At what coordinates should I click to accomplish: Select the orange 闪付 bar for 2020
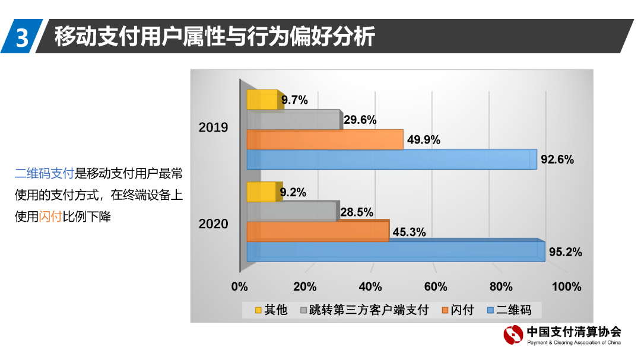point(318,231)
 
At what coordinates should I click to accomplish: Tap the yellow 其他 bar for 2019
point(262,100)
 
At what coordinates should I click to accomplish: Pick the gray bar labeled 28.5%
point(291,211)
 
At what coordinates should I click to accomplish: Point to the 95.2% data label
point(565,252)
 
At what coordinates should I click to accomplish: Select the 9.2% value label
point(293,192)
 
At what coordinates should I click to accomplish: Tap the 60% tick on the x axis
point(436,287)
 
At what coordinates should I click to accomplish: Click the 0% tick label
point(239,287)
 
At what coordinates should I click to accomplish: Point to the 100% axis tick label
point(566,287)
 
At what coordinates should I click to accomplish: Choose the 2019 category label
point(213,128)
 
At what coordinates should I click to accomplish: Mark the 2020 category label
point(213,224)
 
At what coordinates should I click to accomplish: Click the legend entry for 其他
point(271,310)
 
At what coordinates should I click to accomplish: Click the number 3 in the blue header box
point(21,37)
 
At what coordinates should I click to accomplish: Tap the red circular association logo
point(513,335)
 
